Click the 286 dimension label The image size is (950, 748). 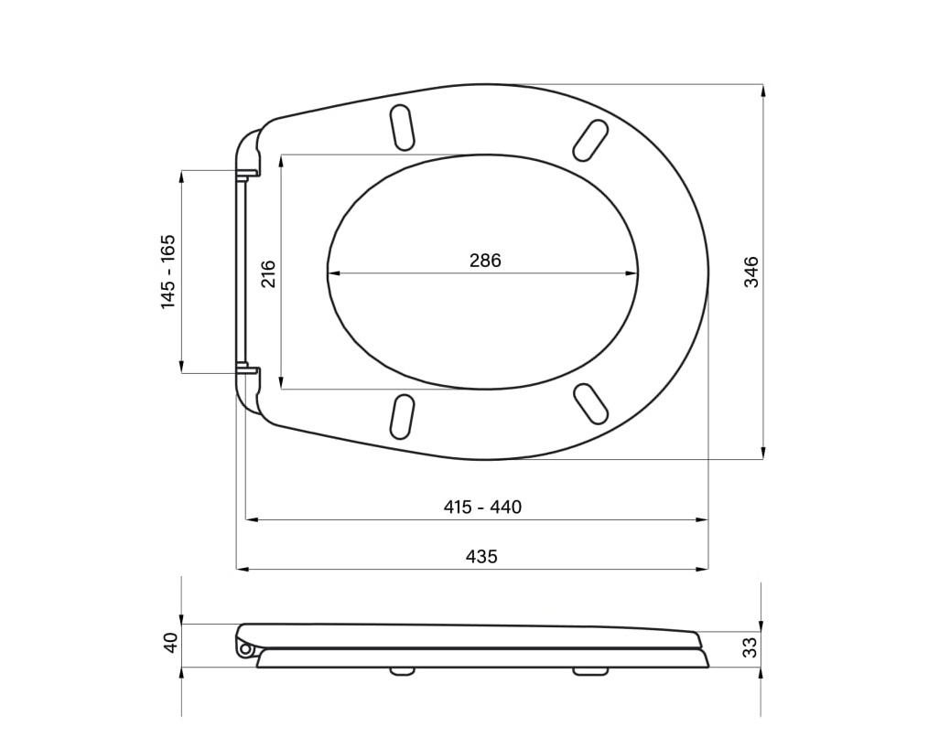pos(485,261)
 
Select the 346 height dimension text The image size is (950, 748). pos(751,272)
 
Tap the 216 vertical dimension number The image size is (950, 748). pos(268,273)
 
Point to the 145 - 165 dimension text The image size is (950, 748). pos(167,272)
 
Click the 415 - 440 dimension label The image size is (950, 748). pos(482,507)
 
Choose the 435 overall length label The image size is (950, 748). pos(481,556)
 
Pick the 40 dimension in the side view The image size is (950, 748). pos(171,642)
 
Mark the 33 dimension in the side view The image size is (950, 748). pos(750,646)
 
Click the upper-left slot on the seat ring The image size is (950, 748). pos(403,128)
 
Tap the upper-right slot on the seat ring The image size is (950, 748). pos(590,141)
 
